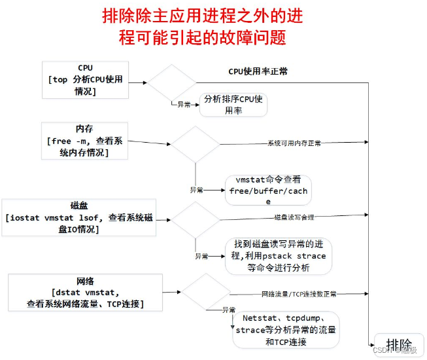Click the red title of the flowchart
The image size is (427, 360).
click(203, 26)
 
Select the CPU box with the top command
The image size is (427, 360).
click(85, 81)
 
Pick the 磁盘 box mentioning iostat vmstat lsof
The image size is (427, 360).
click(79, 217)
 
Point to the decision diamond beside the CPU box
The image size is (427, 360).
click(171, 82)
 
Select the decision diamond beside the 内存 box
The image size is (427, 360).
click(196, 143)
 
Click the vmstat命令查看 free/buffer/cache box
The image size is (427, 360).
click(268, 190)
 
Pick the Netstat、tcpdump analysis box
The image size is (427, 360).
click(286, 329)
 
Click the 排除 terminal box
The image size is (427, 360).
click(399, 345)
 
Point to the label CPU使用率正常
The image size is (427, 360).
click(258, 71)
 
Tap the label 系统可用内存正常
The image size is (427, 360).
click(294, 143)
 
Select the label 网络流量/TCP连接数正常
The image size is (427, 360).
click(299, 295)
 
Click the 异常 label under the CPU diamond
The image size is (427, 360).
click(184, 104)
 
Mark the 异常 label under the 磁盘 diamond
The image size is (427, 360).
click(201, 256)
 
